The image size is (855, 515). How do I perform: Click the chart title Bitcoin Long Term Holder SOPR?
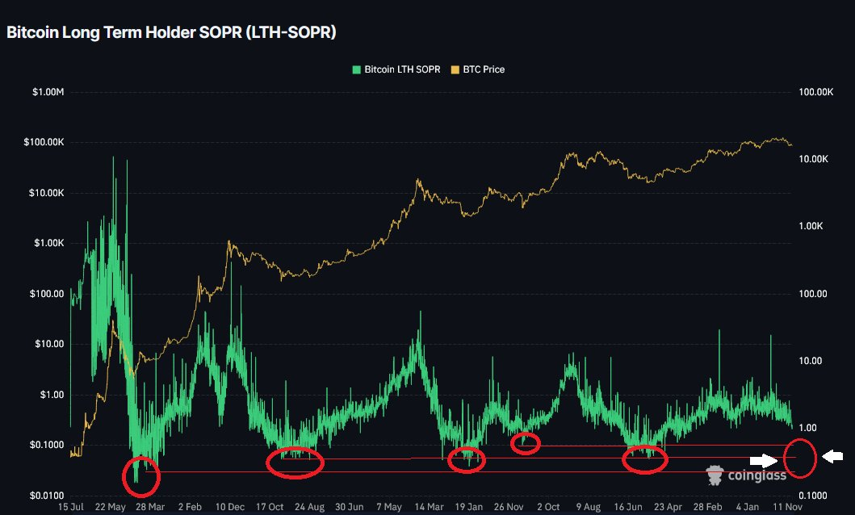click(x=171, y=33)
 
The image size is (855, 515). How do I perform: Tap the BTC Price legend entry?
click(x=477, y=69)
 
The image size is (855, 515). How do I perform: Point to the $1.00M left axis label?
click(x=48, y=93)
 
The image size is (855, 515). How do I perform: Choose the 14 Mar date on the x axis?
click(x=423, y=507)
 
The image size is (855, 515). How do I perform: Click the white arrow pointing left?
click(x=832, y=457)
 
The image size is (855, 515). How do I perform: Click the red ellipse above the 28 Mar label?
click(x=140, y=476)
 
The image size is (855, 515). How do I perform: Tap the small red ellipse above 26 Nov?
click(x=526, y=443)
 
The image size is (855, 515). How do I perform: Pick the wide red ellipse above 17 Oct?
click(x=295, y=463)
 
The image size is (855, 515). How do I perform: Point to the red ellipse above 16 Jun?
click(x=645, y=458)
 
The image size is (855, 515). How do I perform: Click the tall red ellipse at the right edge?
click(x=799, y=457)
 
